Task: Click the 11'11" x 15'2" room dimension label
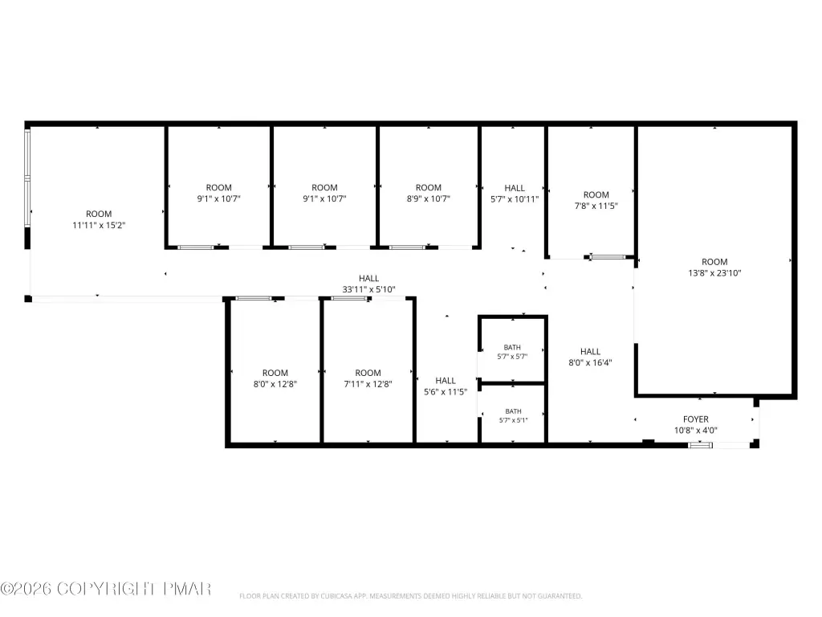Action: point(99,225)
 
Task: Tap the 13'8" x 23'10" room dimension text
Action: point(714,273)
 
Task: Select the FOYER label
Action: point(696,419)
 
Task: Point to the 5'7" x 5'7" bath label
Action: point(512,356)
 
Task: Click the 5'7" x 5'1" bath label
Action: point(513,420)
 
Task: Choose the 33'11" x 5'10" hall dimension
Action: point(368,289)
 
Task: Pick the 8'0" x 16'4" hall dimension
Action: point(590,362)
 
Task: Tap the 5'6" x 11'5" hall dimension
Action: point(445,391)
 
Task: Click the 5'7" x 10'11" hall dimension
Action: point(515,199)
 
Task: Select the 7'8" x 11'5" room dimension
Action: point(596,206)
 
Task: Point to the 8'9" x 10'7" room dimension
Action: point(429,199)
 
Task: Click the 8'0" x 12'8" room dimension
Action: point(275,384)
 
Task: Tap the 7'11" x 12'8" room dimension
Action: point(368,384)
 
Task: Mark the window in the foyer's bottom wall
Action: point(700,445)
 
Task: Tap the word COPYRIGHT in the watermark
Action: point(107,589)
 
